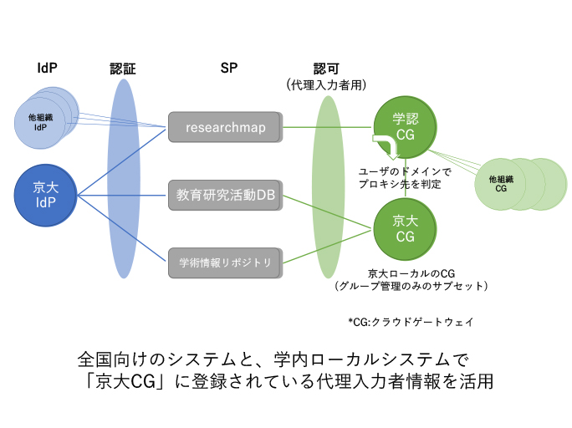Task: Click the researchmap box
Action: coord(226,128)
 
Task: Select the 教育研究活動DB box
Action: coord(226,195)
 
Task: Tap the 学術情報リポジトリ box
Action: coord(226,262)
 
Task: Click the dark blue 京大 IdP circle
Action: coord(45,196)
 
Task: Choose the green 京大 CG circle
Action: coord(405,228)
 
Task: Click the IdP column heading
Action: coord(48,67)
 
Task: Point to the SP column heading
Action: coord(228,67)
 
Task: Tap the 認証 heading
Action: coord(122,68)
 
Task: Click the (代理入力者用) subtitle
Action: coord(326,84)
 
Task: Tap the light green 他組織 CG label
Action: coord(501,184)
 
